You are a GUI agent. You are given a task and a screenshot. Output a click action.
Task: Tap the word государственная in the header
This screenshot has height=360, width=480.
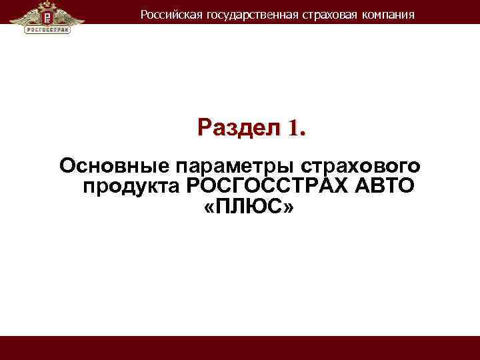(241, 14)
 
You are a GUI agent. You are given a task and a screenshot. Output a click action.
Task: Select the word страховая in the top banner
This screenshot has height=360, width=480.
(321, 14)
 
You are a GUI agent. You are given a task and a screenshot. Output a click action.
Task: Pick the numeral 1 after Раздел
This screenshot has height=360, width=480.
(291, 127)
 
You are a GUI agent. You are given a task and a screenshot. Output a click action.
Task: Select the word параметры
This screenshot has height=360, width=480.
(219, 165)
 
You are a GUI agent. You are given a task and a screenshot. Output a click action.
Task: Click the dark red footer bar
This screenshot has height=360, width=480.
(240, 348)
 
